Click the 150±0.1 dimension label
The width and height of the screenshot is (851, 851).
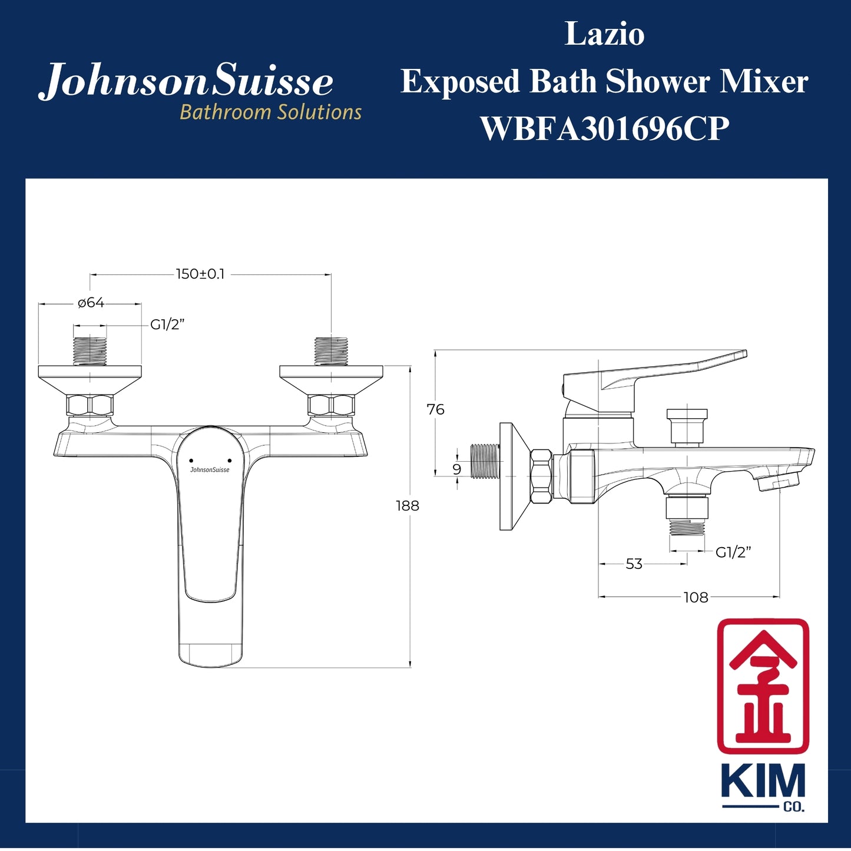point(200,274)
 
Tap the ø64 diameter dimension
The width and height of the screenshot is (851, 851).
point(91,303)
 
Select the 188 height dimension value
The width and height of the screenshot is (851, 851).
point(407,506)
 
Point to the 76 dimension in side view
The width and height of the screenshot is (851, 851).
point(435,410)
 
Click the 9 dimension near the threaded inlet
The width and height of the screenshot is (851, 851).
point(457,469)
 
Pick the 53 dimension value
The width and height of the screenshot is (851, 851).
point(634,564)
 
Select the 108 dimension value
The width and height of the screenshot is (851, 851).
point(696,598)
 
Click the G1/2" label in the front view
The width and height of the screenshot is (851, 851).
point(167,324)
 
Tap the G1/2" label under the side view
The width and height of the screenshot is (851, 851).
point(733,552)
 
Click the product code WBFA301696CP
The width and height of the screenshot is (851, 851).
point(604,128)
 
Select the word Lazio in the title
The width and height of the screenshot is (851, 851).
point(604,34)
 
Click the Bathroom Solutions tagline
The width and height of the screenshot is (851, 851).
point(270,112)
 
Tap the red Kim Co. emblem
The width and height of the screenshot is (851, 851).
point(763,686)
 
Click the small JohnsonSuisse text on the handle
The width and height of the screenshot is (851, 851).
point(210,470)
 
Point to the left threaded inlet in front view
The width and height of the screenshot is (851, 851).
point(90,351)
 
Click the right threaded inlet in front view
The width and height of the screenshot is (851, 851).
point(331,351)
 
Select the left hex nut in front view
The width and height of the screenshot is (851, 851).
point(90,405)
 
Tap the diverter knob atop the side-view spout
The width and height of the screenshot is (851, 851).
point(687,425)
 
